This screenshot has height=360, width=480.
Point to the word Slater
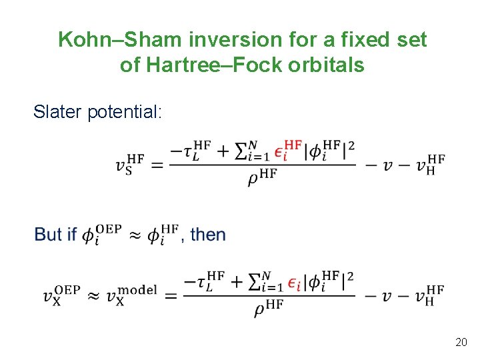point(58,111)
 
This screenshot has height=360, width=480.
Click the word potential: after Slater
point(124,112)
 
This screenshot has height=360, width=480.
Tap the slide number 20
point(460,342)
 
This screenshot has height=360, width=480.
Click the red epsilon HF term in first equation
point(292,149)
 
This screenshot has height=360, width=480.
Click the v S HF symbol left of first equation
point(130,163)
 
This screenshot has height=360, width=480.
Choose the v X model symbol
point(131,294)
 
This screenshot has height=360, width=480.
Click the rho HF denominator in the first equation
point(262,177)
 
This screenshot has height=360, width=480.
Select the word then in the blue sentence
point(208,235)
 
